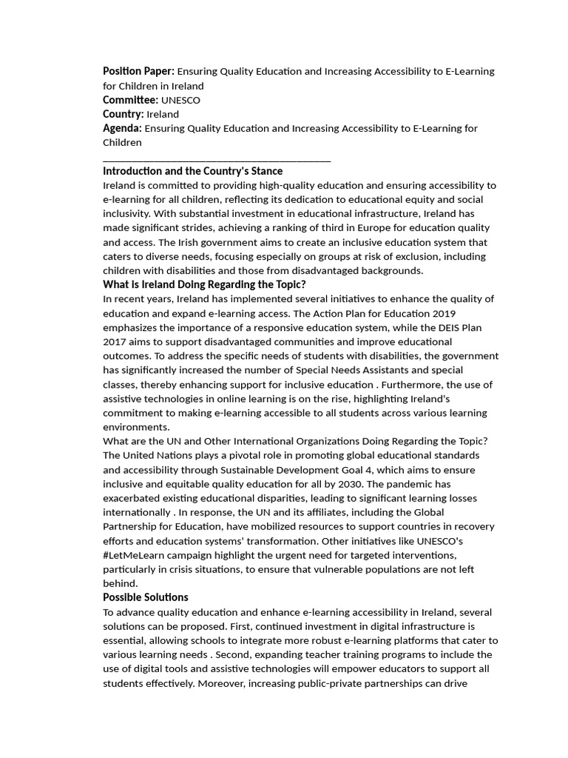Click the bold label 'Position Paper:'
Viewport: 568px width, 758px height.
coord(138,71)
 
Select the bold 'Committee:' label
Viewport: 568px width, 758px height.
coord(130,100)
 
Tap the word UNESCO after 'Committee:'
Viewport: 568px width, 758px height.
coord(180,100)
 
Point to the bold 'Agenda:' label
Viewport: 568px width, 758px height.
coord(122,128)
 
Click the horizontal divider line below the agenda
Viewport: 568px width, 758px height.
coord(217,160)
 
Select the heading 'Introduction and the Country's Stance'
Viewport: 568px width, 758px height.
coord(192,171)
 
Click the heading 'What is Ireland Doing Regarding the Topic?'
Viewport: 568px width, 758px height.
coord(204,284)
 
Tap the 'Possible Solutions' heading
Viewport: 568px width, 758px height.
coord(145,597)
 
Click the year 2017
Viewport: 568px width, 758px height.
coord(115,341)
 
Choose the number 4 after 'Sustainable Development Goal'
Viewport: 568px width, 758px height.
coord(376,470)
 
